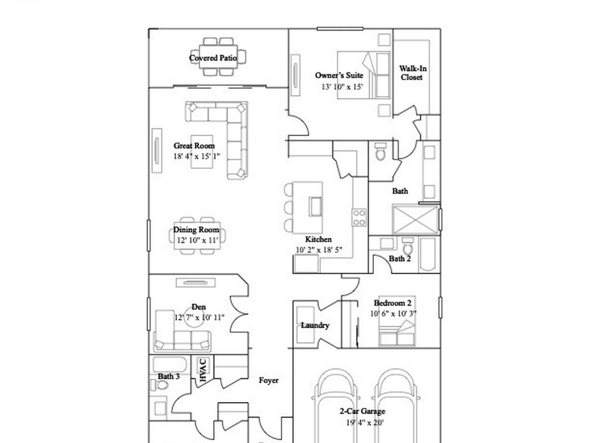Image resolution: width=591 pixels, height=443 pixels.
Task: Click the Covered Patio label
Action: (213, 58)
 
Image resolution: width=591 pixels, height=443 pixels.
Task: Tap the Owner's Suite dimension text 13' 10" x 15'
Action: (342, 87)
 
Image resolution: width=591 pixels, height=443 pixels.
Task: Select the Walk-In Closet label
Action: (413, 73)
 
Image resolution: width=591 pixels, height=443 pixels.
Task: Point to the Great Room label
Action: (194, 146)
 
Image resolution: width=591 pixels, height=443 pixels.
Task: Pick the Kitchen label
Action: (318, 239)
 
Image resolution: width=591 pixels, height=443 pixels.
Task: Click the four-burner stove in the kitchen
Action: (359, 217)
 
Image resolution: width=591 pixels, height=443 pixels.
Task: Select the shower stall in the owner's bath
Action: (416, 219)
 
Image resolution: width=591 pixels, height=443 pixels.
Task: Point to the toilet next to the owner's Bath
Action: (380, 152)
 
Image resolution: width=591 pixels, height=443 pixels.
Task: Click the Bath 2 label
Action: (399, 258)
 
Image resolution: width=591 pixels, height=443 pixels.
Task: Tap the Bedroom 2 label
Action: (392, 303)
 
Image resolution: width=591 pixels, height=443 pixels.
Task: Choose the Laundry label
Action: (315, 325)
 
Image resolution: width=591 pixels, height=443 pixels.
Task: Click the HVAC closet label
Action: (203, 370)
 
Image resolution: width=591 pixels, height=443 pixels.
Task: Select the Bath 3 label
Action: (169, 377)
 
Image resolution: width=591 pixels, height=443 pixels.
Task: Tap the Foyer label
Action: (268, 381)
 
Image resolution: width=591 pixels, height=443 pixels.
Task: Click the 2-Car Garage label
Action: (362, 412)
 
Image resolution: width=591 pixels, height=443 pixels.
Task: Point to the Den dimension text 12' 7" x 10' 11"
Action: (199, 318)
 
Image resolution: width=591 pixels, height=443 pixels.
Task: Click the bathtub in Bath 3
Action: (170, 365)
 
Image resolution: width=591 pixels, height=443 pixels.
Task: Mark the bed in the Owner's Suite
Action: (364, 75)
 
